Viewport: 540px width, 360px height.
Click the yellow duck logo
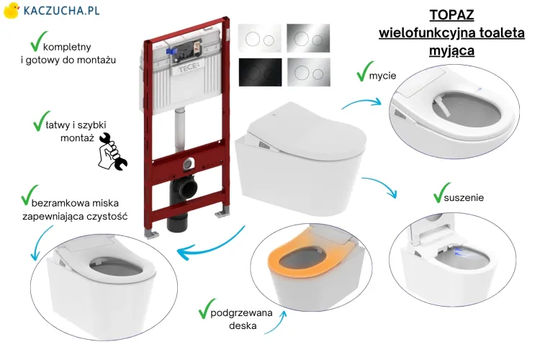pyautogui.click(x=11, y=10)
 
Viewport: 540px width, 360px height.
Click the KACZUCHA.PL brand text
pyautogui.click(x=62, y=10)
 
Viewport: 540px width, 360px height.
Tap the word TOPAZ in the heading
pyautogui.click(x=451, y=15)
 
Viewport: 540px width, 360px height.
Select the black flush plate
pyautogui.click(x=260, y=72)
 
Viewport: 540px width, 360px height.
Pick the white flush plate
pyautogui.click(x=260, y=38)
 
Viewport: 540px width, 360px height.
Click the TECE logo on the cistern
pyautogui.click(x=189, y=68)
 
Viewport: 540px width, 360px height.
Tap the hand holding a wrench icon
pyautogui.click(x=112, y=152)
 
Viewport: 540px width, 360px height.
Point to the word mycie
pyautogui.click(x=382, y=76)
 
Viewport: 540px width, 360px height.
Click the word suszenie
pyautogui.click(x=464, y=198)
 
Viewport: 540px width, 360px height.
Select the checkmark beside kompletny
pyautogui.click(x=38, y=41)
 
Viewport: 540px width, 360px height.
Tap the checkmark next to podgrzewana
pyautogui.click(x=207, y=308)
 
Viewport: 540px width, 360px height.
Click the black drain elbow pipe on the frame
pyautogui.click(x=182, y=204)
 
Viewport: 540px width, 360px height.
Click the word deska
pyautogui.click(x=243, y=325)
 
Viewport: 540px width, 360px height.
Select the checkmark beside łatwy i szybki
pyautogui.click(x=41, y=120)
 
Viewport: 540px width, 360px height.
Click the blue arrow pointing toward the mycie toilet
pyautogui.click(x=361, y=102)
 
